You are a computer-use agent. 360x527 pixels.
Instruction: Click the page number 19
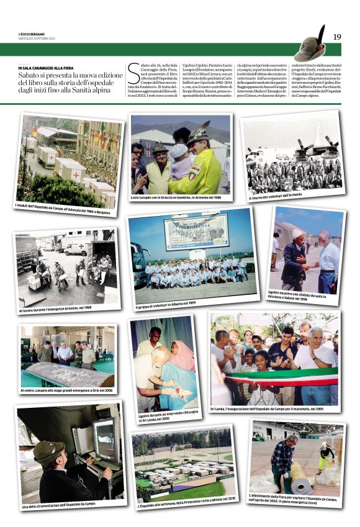tap(337, 37)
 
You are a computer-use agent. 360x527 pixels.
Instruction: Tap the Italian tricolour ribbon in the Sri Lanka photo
tap(279, 377)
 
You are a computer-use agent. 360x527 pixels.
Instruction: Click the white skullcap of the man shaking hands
tap(297, 234)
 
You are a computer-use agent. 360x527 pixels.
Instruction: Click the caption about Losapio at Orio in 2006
tap(66, 390)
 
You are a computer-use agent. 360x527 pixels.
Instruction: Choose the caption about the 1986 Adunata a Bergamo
tap(66, 214)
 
